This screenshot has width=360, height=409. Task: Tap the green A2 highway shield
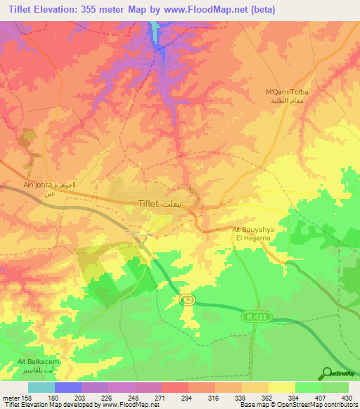point(186,300)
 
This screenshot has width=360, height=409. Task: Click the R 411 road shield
point(258,318)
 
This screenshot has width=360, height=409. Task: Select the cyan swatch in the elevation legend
point(41,387)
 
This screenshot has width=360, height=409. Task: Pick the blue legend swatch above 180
point(68,387)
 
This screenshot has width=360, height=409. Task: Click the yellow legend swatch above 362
point(282,387)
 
